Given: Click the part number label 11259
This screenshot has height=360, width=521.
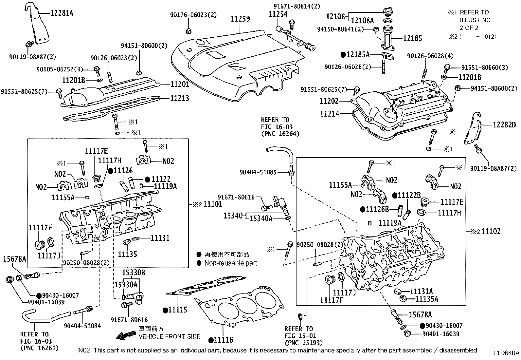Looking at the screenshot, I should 240,19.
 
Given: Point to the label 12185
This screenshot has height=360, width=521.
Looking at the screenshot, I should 412,38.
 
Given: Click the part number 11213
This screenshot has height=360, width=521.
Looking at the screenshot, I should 179,98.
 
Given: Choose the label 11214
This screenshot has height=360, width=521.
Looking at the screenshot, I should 330,114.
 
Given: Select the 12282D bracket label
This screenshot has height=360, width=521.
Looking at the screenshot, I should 504,124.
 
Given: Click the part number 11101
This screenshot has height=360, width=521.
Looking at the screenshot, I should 213,204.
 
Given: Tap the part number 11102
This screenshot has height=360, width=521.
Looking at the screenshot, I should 491,232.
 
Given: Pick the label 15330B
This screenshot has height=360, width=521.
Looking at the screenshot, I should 134,273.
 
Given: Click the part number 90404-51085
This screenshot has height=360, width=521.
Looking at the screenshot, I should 258,172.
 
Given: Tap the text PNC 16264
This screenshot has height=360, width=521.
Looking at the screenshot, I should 280,134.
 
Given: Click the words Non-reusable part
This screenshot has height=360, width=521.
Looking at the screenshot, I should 230,263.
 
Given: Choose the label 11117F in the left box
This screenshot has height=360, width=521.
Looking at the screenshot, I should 40,227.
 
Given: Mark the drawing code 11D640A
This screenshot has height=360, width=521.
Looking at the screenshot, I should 506,353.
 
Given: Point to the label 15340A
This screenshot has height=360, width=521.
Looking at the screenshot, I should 261,218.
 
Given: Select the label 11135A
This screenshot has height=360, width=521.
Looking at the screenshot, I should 426,299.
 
